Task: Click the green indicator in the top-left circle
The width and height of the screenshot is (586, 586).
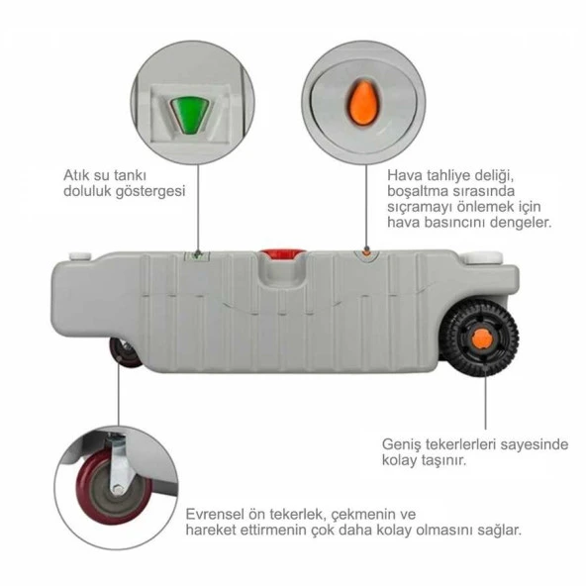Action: click(x=186, y=111)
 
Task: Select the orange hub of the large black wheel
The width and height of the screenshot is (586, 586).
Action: click(x=482, y=341)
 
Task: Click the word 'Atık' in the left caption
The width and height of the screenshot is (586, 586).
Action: click(x=75, y=175)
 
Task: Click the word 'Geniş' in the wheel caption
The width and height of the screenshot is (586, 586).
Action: click(x=403, y=444)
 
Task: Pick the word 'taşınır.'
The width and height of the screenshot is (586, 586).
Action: click(x=439, y=461)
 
